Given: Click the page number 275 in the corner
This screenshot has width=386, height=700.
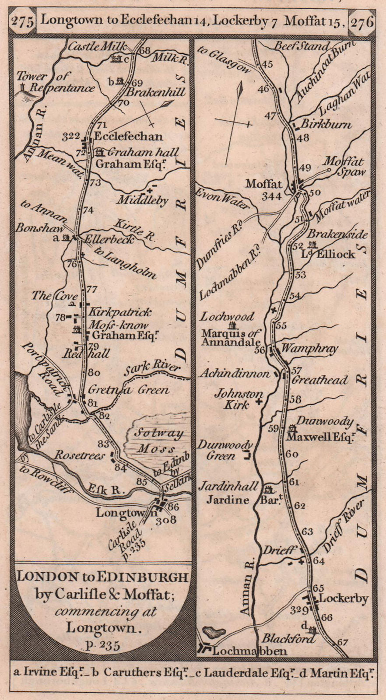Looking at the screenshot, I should click(23, 22).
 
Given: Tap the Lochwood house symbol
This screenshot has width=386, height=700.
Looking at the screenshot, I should click(233, 325).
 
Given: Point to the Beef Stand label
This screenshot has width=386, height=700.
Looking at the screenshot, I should click(302, 46).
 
